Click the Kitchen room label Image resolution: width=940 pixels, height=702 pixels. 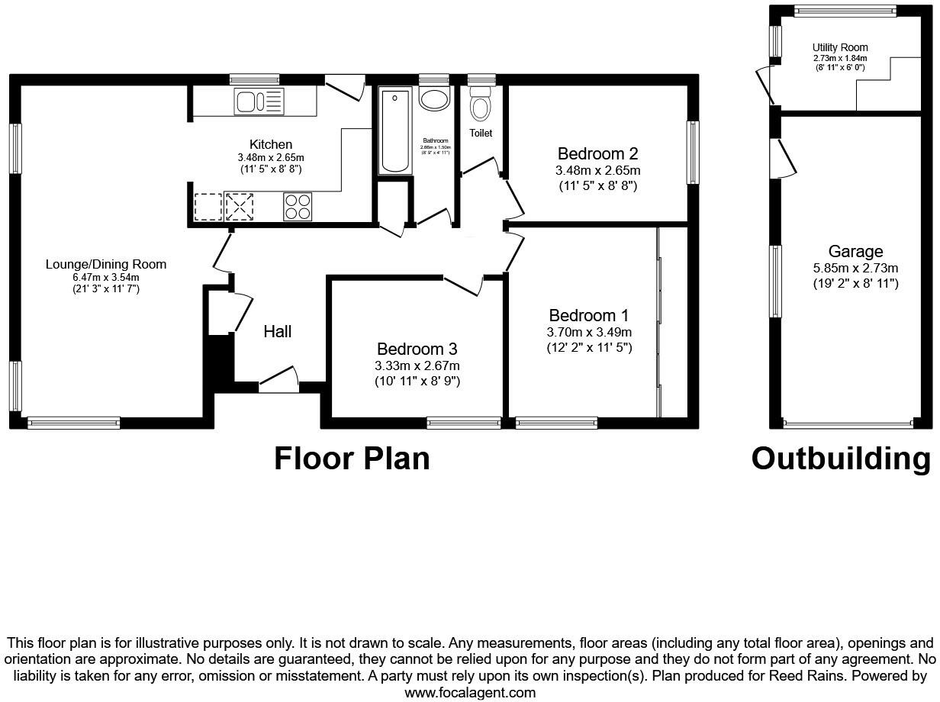[270, 144]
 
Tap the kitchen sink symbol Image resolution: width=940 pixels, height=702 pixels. [259, 102]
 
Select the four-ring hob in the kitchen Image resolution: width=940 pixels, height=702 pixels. [298, 206]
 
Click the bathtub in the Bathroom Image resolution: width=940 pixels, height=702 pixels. [394, 130]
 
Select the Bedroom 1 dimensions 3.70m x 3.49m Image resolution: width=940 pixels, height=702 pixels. [589, 332]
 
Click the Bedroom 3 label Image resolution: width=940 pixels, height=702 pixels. [417, 349]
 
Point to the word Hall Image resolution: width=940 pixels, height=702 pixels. [278, 331]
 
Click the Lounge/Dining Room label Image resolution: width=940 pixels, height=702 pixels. [106, 265]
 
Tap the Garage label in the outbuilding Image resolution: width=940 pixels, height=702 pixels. [855, 251]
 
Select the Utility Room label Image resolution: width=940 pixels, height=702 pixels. [840, 47]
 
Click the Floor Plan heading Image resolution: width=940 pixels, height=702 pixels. [352, 459]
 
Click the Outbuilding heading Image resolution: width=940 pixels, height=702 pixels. [841, 459]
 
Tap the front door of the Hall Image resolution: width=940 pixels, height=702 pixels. [278, 382]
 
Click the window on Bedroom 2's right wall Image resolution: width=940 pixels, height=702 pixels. [693, 153]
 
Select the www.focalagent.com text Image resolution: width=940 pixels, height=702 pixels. [470, 693]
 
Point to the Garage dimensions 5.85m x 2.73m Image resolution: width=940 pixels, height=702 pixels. [855, 268]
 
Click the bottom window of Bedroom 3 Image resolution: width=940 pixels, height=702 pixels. [463, 421]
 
